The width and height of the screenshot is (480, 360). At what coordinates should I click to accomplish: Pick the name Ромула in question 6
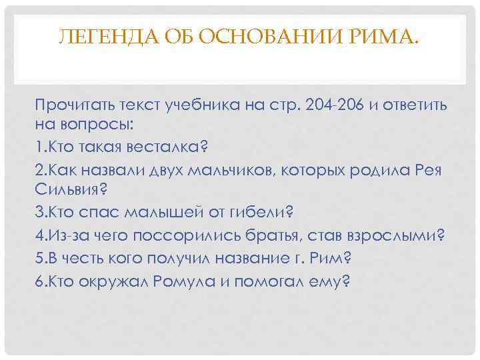click(184, 281)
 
